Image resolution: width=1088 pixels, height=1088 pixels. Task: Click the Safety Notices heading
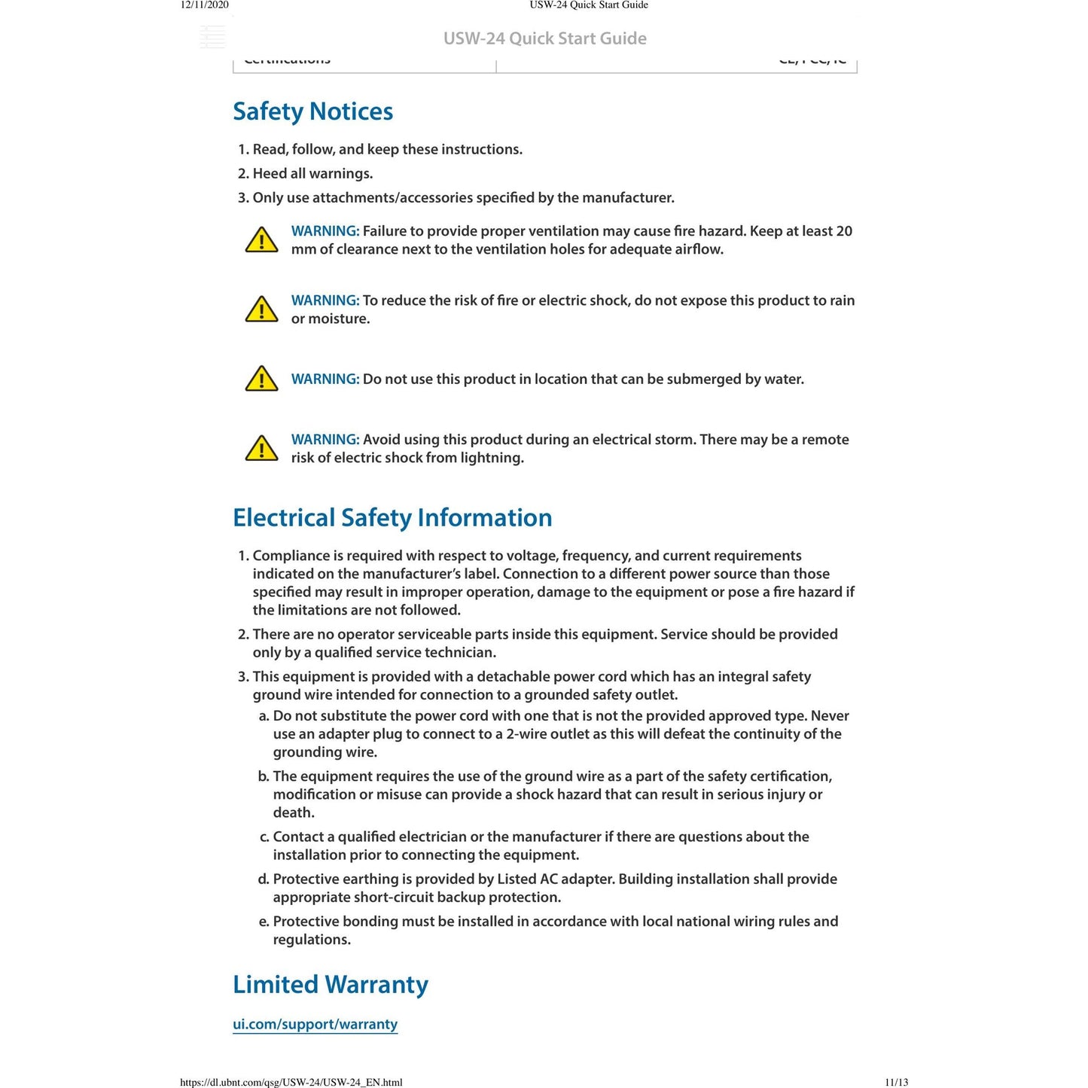312,111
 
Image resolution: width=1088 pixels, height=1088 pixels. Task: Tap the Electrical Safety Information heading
392,518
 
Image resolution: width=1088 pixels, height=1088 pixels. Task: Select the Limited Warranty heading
330,985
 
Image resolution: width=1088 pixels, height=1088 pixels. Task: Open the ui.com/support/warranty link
315,1024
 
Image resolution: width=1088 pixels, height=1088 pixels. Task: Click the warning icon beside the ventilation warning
262,240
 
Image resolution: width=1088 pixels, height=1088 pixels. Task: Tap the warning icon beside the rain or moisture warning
262,309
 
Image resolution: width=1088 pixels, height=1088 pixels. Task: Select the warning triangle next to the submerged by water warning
262,379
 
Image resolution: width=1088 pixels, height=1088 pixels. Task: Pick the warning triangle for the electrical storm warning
262,448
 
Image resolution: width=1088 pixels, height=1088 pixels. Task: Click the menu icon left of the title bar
212,37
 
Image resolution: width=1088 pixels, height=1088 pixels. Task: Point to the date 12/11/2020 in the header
204,5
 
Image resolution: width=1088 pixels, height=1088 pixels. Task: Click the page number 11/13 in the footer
896,1083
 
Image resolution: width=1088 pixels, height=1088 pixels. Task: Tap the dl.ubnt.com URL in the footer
291,1083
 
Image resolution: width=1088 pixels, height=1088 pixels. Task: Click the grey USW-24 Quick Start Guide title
544,38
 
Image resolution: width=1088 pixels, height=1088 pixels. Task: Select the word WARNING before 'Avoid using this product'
325,440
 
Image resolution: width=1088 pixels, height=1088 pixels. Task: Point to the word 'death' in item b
293,812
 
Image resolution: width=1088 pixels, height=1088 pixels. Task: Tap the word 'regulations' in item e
311,940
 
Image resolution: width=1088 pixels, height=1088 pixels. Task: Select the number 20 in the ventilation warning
844,231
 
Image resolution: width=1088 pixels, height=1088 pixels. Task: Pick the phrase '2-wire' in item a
526,734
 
